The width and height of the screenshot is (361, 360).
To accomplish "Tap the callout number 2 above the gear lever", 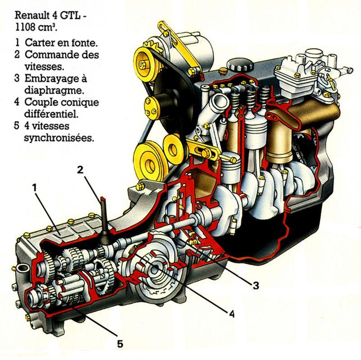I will coord(80,170).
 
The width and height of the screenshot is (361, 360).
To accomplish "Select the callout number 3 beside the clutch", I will coord(255,285).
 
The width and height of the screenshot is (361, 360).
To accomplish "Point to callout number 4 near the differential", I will coord(231,313).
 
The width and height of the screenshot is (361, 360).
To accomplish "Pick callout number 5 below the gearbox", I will coord(120,344).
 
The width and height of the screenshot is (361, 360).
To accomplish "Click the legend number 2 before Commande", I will coord(16,55).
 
